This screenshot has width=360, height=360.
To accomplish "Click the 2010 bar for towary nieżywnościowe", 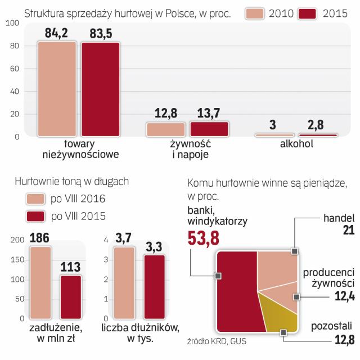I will pos(56,89).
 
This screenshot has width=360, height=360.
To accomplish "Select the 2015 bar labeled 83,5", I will pos(100,89).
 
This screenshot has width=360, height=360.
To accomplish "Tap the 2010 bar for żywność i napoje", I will pos(165,129).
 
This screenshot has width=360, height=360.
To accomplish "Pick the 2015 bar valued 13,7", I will pos(209,129).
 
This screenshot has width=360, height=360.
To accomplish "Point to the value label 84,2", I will pos(56,33).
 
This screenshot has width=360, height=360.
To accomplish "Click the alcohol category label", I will pos(297,144).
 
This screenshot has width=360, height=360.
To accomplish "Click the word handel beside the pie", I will pos(340,218).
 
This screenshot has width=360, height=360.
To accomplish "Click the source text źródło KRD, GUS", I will pos(218,341).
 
